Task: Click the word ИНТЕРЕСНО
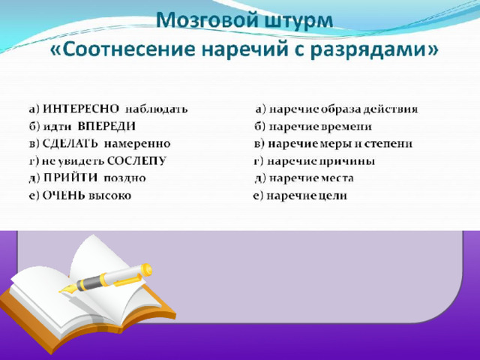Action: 81,109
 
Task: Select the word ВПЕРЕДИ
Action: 106,127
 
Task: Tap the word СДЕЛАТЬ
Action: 70,143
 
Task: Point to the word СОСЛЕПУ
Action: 136,160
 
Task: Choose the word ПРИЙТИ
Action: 70,178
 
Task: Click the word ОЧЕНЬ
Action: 64,195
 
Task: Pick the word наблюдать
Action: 157,109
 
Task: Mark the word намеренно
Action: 137,144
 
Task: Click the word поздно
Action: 125,178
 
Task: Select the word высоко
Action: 109,196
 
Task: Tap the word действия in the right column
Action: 391,109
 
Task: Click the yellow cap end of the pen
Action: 146,270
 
